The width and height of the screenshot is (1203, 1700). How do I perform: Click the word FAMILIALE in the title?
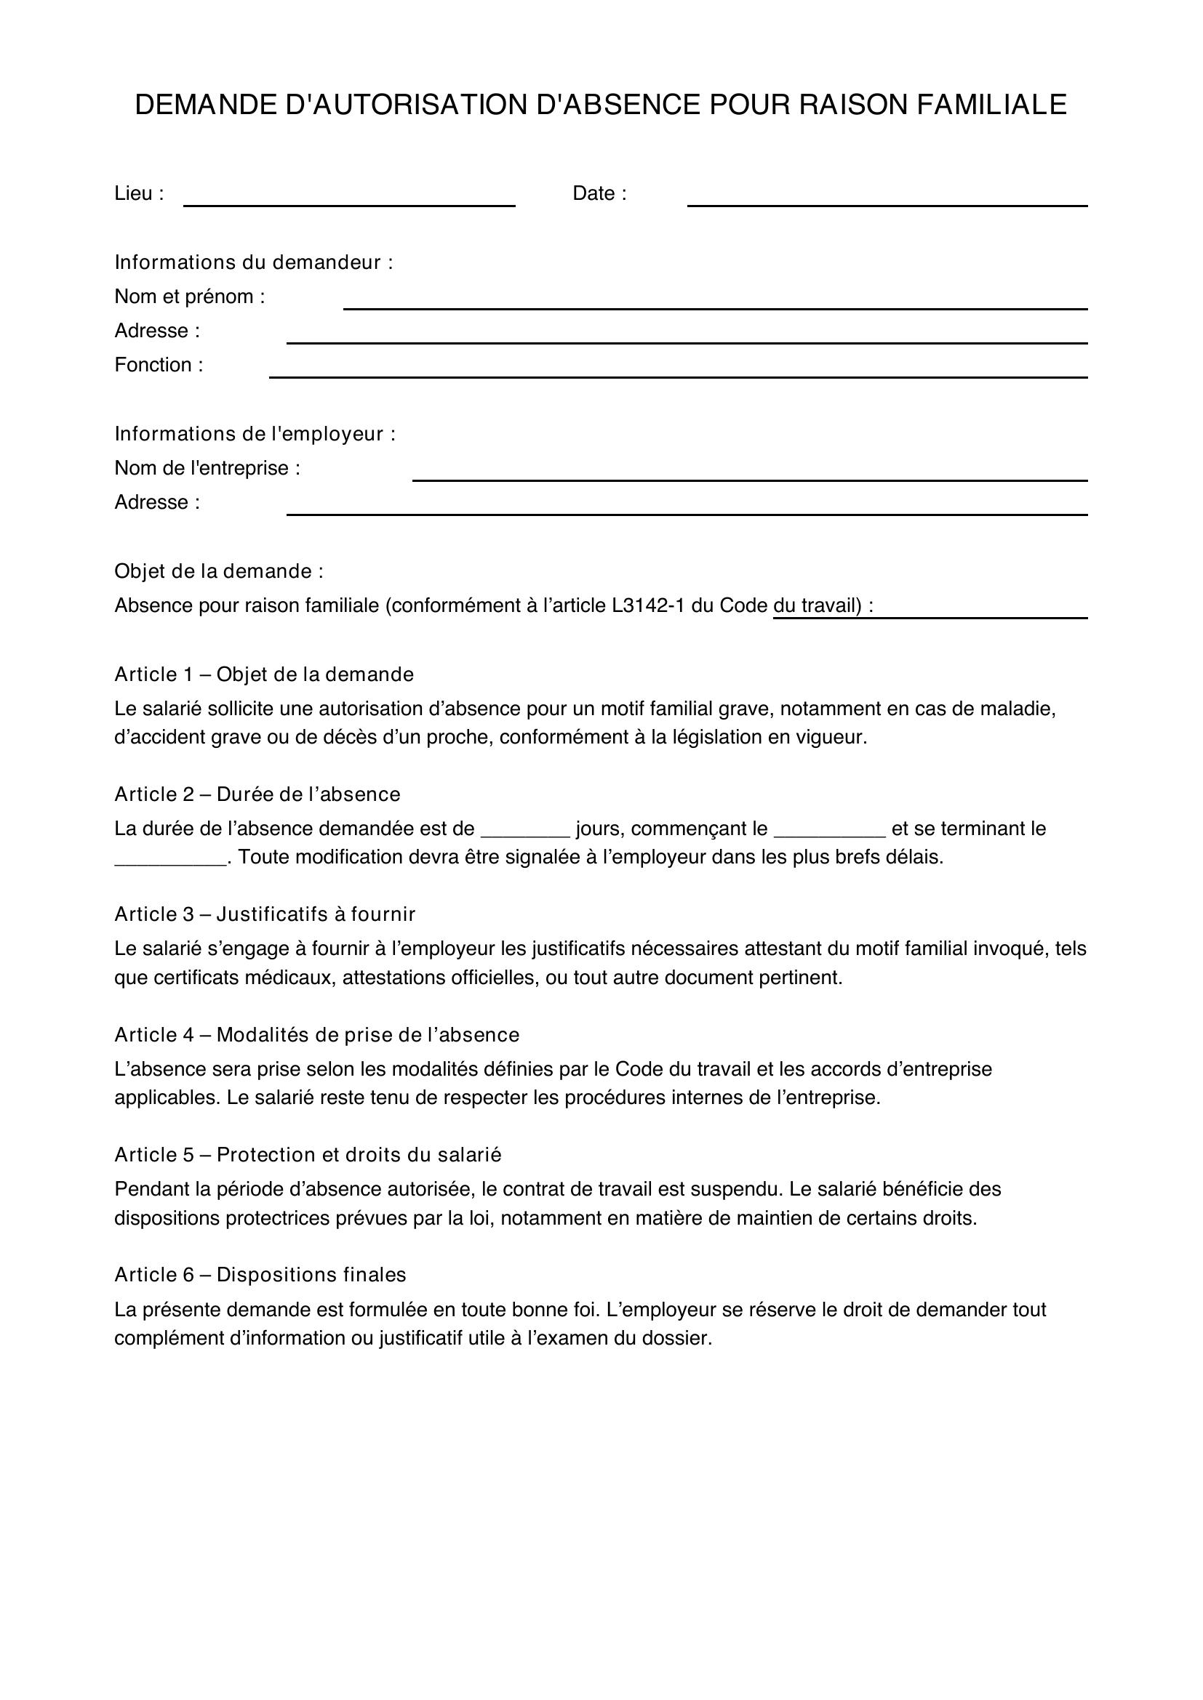(992, 105)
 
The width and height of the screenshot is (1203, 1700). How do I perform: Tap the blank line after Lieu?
(349, 200)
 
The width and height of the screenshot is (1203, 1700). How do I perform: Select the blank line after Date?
(887, 200)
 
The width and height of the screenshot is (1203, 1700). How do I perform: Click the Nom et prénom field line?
(715, 303)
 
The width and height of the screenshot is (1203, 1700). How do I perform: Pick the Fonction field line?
(678, 371)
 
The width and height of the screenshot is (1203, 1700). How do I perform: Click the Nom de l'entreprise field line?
(750, 475)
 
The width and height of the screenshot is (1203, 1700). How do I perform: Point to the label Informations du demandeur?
(253, 262)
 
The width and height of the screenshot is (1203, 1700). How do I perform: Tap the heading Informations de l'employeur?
(255, 434)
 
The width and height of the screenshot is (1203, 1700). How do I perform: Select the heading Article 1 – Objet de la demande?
(264, 674)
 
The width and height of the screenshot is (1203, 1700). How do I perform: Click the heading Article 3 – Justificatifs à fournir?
(265, 914)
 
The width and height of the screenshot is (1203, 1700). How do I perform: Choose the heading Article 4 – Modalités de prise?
(316, 1035)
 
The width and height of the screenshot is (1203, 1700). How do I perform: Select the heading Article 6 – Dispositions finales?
(260, 1275)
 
